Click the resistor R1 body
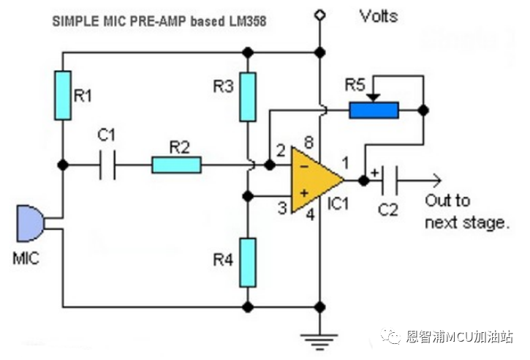click(64, 94)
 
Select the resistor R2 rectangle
click(176, 165)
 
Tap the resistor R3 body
click(249, 96)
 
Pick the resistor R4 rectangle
click(249, 261)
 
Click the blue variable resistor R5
click(374, 110)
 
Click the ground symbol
click(319, 337)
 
